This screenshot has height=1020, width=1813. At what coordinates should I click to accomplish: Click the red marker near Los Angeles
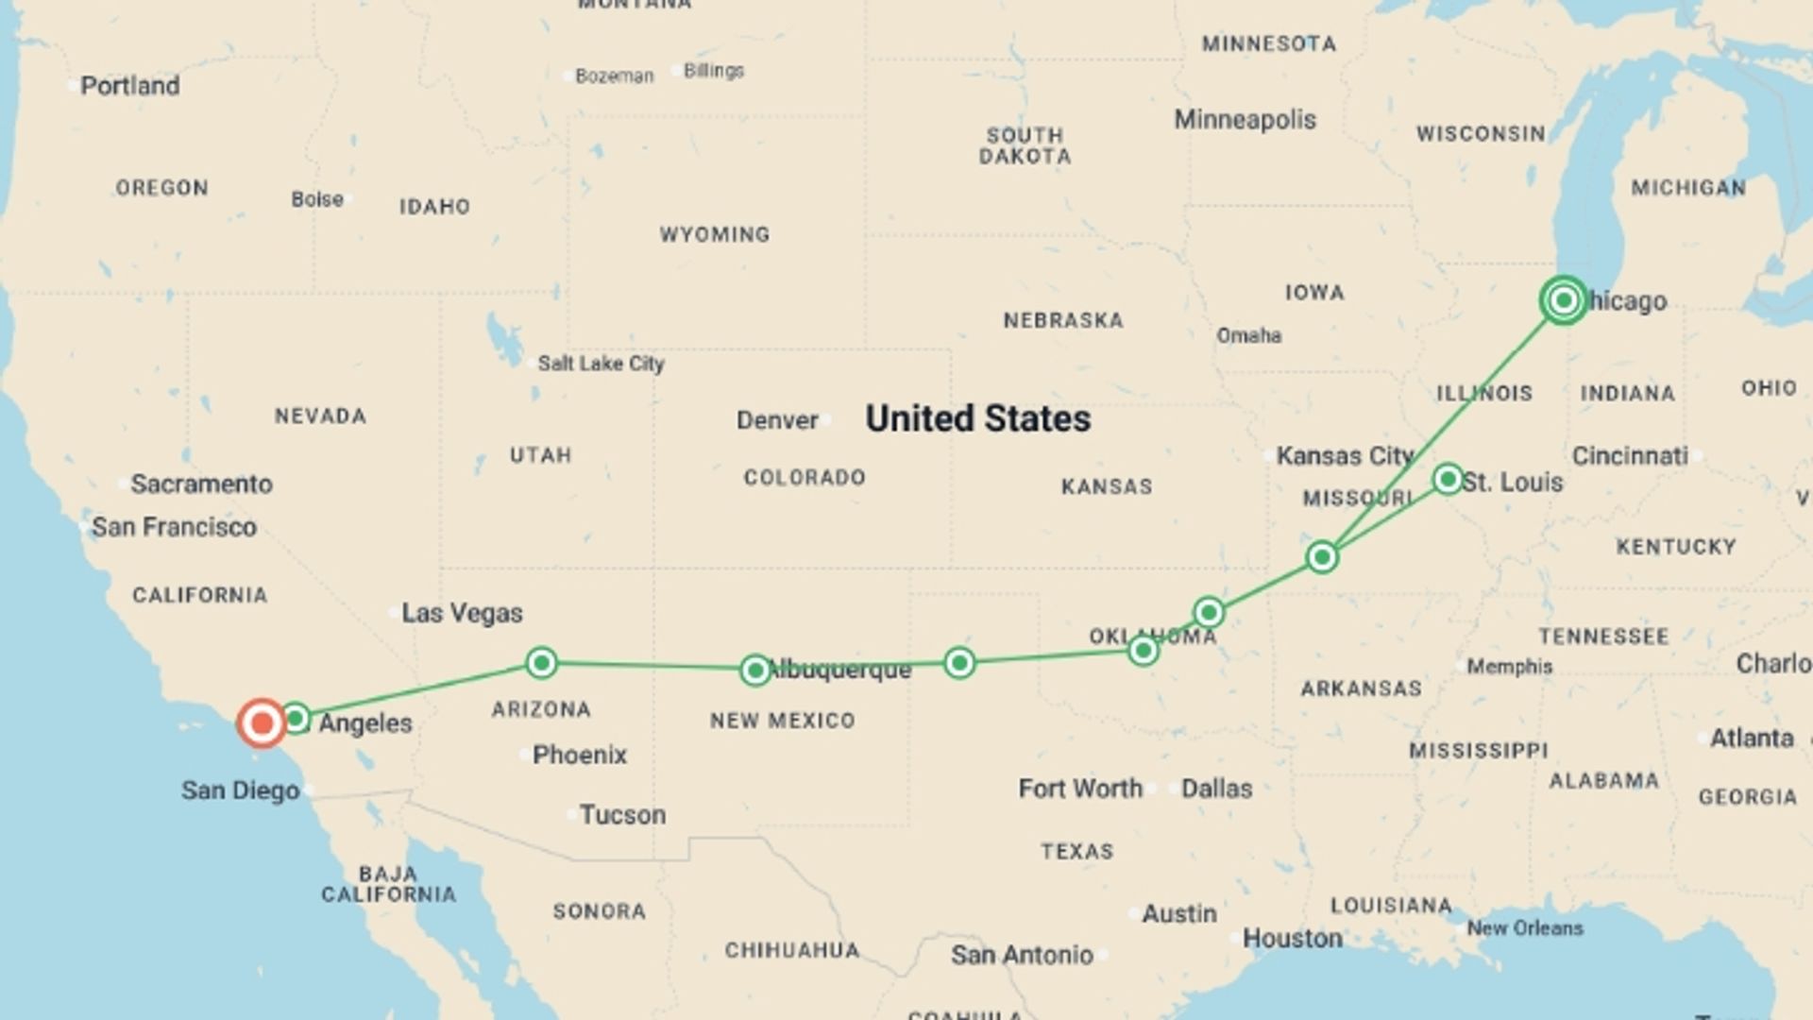click(x=262, y=723)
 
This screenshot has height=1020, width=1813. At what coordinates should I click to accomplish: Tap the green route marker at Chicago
click(x=1563, y=300)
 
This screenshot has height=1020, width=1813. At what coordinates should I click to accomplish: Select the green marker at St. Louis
click(x=1447, y=479)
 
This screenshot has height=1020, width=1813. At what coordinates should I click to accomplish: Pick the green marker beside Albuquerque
click(x=754, y=670)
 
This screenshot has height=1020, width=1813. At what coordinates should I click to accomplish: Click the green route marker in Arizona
click(x=541, y=662)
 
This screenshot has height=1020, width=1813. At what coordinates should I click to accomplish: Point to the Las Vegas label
click(x=462, y=613)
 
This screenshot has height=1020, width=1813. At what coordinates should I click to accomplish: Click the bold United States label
click(x=977, y=418)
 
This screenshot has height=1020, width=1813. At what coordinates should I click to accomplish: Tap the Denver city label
click(x=777, y=420)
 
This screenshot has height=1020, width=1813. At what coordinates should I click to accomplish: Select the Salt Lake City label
click(x=601, y=364)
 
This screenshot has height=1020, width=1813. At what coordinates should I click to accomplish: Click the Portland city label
click(x=129, y=86)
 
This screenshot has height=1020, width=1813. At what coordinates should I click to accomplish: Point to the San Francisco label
click(x=174, y=527)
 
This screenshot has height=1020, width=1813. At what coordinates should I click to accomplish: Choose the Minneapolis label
click(x=1245, y=120)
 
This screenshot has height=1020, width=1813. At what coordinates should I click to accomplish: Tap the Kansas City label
click(x=1345, y=456)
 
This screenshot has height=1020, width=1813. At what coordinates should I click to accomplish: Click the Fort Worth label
click(x=1080, y=789)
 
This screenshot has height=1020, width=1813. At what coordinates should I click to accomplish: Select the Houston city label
click(x=1292, y=938)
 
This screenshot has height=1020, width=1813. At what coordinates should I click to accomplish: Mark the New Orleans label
click(x=1524, y=928)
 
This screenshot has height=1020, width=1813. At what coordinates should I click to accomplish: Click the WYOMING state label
click(x=715, y=234)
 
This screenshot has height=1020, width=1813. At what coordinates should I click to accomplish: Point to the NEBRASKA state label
click(x=1063, y=321)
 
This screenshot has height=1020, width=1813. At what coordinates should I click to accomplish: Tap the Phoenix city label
click(x=579, y=755)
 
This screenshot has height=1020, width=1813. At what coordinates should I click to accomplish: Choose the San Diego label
click(x=240, y=790)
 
